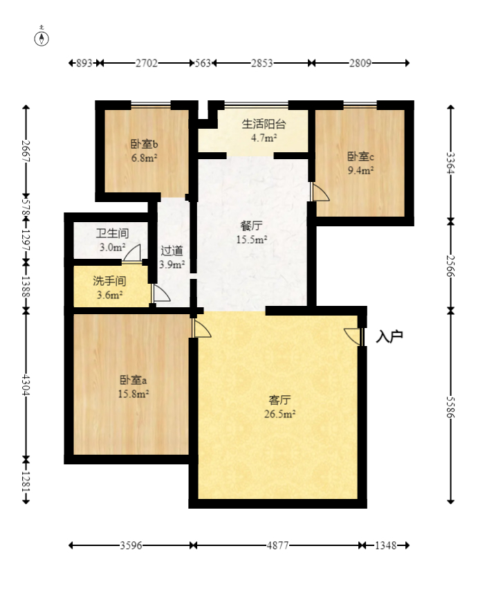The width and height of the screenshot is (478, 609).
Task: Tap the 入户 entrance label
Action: tap(389, 337)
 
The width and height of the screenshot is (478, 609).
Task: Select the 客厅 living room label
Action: tap(279, 400)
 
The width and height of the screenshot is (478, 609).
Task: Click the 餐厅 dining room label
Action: tap(251, 226)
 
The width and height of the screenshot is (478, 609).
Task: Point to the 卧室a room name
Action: tap(133, 380)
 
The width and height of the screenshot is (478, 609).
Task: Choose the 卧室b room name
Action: tap(144, 145)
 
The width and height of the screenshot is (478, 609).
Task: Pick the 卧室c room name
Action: tap(360, 156)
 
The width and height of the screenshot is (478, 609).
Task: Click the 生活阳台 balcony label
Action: tap(264, 125)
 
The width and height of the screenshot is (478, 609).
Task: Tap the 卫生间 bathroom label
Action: tap(111, 233)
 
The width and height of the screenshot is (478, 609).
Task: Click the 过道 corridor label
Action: tap(172, 251)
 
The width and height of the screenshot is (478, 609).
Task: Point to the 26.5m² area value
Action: tap(280, 415)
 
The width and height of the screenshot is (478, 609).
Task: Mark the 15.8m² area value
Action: tap(134, 394)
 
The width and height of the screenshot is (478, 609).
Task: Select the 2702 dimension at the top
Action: tap(147, 63)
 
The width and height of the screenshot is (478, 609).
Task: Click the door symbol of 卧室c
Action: tap(319, 192)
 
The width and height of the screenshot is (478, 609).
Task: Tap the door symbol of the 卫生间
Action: tap(133, 254)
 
